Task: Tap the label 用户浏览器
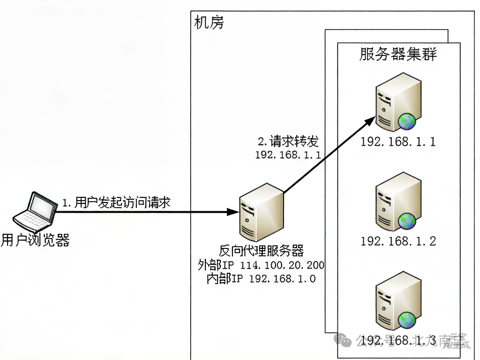click(36, 241)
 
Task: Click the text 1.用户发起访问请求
click(116, 202)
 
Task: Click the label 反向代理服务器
click(261, 251)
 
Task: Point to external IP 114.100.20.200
click(282, 265)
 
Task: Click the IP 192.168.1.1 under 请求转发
click(288, 155)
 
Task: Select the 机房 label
click(209, 22)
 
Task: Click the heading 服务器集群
click(398, 54)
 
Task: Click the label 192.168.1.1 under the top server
click(398, 142)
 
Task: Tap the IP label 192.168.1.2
click(398, 241)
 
